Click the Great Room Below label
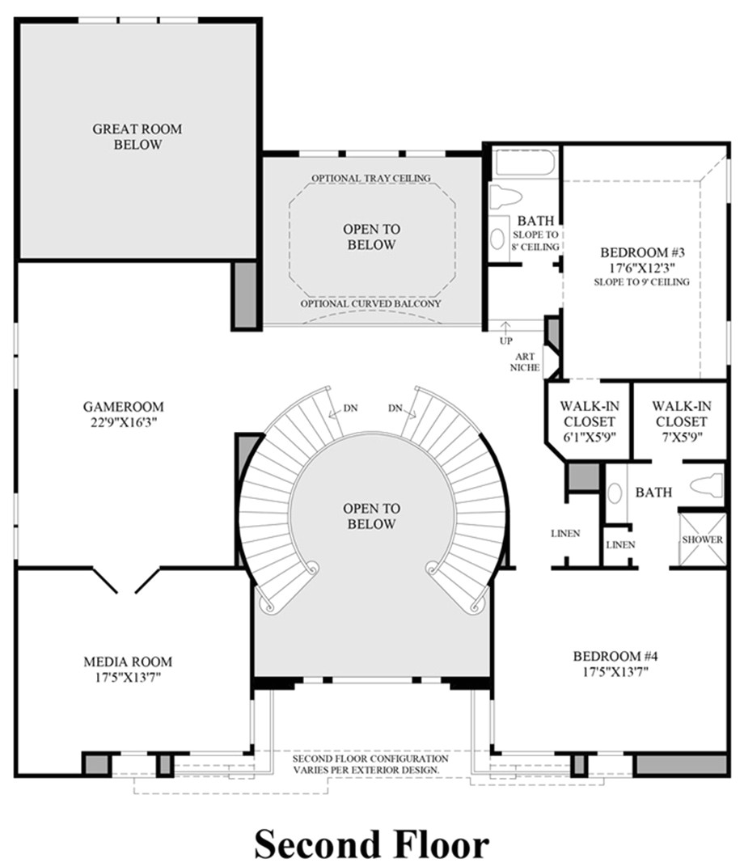pos(137,137)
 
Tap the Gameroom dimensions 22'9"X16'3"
pos(123,423)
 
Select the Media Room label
pos(128,661)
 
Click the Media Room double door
pos(126,581)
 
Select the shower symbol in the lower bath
pos(702,539)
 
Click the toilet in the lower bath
pos(705,485)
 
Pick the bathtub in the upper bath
pos(526,163)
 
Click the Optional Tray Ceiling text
pos(371,178)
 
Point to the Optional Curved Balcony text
pos(371,304)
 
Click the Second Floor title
pos(371,844)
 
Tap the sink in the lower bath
pos(615,493)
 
